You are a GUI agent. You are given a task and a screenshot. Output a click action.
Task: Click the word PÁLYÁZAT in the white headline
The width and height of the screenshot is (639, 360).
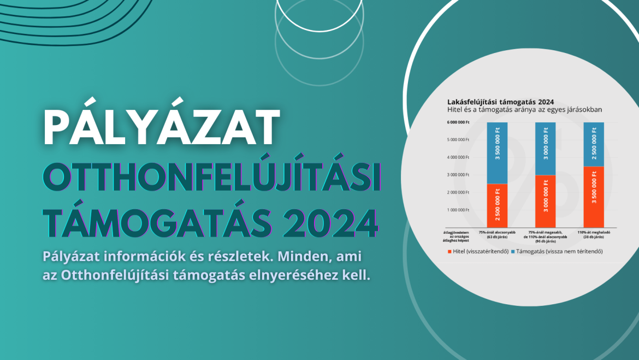click(x=162, y=127)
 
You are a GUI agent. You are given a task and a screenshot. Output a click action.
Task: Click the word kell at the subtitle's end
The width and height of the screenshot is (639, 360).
click(x=358, y=275)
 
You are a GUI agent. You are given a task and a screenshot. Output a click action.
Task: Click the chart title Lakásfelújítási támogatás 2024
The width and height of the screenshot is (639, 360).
click(x=501, y=102)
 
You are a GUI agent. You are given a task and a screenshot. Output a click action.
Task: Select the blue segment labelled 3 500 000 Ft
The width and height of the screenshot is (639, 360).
click(x=496, y=153)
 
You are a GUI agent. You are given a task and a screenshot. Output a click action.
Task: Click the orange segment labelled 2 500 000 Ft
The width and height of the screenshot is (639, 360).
click(x=496, y=205)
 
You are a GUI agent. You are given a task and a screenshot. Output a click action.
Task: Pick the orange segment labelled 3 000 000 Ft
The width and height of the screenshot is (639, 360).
click(x=545, y=201)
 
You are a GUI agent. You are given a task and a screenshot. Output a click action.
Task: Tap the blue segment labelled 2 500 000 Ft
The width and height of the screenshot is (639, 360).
click(x=593, y=144)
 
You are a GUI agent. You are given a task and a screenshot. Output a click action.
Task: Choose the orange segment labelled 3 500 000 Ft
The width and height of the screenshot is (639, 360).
click(x=593, y=197)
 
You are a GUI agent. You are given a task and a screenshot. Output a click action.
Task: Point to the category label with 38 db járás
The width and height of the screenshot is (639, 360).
click(x=593, y=235)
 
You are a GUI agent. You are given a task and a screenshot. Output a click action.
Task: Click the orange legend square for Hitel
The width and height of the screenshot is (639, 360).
click(x=449, y=251)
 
